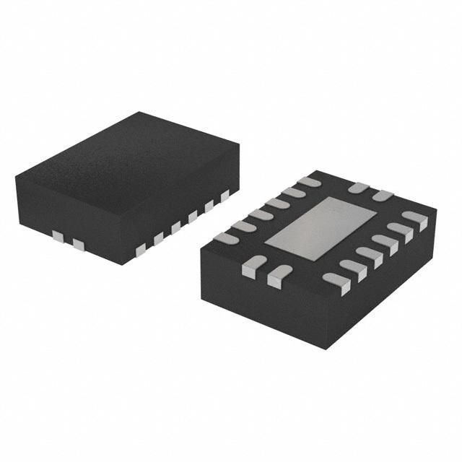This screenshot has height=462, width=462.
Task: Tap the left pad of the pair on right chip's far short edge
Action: (358, 188)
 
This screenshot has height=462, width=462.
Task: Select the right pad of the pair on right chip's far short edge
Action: (382, 196)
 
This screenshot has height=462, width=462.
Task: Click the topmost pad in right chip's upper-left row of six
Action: (310, 182)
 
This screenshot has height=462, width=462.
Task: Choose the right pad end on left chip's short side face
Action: (78, 245)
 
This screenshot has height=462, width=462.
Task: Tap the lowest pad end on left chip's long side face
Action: (141, 249)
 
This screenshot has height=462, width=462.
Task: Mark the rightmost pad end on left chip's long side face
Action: (225, 194)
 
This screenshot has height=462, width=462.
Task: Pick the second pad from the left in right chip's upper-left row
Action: (244, 225)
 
